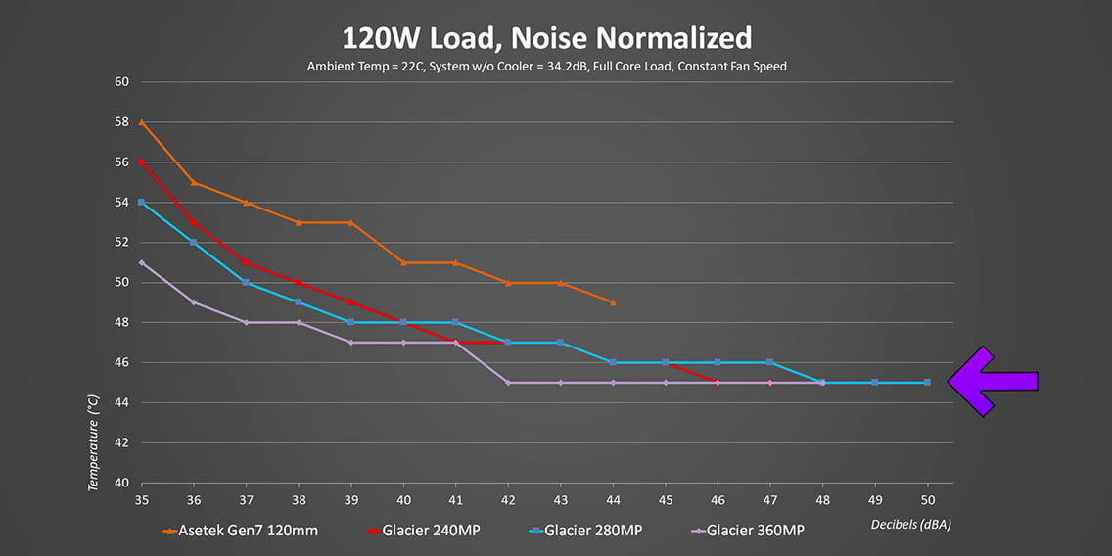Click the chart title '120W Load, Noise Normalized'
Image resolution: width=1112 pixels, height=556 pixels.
[546, 38]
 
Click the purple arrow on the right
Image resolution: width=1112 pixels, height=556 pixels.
[992, 381]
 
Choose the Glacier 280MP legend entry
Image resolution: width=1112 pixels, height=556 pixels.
[583, 531]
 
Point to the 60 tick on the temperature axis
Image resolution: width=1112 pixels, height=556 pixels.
[122, 82]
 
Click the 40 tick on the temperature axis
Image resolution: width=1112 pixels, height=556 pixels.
[122, 483]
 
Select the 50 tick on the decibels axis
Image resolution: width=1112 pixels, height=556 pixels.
[927, 500]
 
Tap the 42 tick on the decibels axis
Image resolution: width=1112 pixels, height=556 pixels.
[508, 500]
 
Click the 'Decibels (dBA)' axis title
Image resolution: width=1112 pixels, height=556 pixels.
[910, 525]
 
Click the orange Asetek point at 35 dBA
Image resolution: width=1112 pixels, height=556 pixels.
[142, 122]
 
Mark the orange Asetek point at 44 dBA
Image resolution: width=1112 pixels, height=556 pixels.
[613, 302]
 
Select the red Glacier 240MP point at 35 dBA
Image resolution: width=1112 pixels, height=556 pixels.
[142, 162]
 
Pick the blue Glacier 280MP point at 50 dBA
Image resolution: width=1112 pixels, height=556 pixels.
[927, 383]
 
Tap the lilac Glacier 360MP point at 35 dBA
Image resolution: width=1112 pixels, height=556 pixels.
[142, 262]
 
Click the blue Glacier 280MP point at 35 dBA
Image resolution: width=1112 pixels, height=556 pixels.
[142, 203]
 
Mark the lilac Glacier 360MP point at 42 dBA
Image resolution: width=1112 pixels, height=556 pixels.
[508, 383]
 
